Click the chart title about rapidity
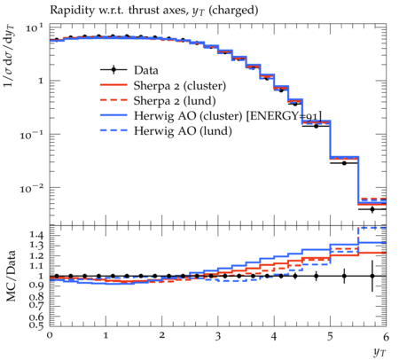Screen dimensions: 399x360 click(154, 11)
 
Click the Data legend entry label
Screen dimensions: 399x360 click(146, 70)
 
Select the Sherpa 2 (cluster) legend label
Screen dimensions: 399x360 click(180, 86)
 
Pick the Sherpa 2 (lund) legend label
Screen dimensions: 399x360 click(175, 101)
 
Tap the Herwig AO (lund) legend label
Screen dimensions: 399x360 click(183, 130)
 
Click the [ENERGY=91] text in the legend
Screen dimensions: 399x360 click(284, 116)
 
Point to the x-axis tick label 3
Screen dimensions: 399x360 click(218, 336)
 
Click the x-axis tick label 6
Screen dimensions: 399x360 click(386, 336)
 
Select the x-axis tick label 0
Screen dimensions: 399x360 click(50, 335)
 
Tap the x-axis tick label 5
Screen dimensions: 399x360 click(330, 336)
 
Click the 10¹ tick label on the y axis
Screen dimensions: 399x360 click(35, 27)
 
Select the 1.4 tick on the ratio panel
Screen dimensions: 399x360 click(36, 235)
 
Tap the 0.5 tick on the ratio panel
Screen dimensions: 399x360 click(36, 325)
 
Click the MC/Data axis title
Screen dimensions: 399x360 click(12, 276)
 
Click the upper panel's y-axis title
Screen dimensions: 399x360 click(10, 56)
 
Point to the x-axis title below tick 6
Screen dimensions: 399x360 click(379, 352)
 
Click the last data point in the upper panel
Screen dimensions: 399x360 click(372, 209)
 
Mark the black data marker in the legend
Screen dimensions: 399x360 click(113, 70)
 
